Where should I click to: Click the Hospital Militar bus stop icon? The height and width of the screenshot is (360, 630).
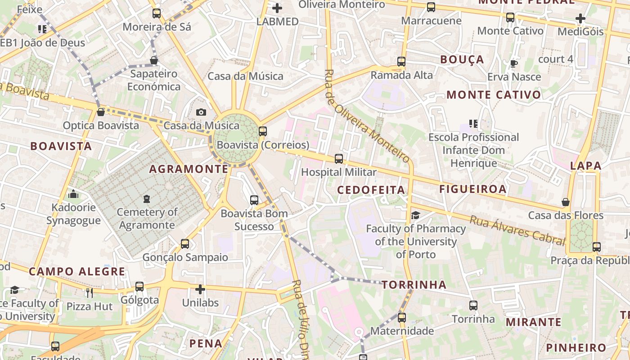tap(339, 159)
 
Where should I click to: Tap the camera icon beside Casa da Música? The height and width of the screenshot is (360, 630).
tap(201, 112)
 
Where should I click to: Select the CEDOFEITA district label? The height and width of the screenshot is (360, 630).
tap(371, 190)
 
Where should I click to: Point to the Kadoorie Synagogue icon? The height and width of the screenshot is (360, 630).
tap(73, 194)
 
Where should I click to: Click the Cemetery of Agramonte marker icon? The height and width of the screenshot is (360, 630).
tap(146, 198)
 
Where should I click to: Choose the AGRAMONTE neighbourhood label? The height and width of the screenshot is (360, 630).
tap(189, 169)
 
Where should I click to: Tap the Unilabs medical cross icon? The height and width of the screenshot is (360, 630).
tap(200, 289)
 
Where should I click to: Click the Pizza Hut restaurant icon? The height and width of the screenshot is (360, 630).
tap(89, 293)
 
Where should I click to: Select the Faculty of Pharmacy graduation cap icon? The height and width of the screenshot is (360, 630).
tap(415, 216)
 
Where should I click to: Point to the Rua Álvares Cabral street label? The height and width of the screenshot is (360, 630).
tap(517, 229)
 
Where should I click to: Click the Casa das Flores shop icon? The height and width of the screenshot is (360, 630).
tap(566, 202)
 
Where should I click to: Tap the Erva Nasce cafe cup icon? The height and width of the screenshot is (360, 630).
tap(513, 63)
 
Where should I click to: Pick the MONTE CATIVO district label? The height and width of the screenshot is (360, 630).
tap(494, 95)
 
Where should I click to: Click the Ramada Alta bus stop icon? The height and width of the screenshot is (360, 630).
tap(401, 62)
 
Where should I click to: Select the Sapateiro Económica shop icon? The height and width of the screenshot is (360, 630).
tap(154, 60)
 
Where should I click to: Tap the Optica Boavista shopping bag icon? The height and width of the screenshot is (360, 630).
tap(101, 112)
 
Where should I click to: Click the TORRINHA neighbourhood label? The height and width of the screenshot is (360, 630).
tap(414, 285)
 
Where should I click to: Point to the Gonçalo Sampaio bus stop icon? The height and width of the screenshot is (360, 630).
tap(185, 244)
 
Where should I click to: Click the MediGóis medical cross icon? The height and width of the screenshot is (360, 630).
tap(580, 19)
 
